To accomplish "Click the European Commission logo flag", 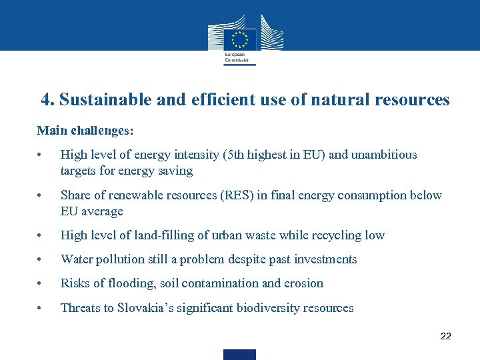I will click(239, 37).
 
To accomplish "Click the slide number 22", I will click(446, 336).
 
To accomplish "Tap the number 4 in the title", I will click(46, 100).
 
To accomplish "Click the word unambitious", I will click(383, 155).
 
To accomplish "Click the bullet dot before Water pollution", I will click(41, 260).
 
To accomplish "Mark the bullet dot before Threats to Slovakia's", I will click(41, 309).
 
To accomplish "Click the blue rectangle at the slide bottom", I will click(239, 355).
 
